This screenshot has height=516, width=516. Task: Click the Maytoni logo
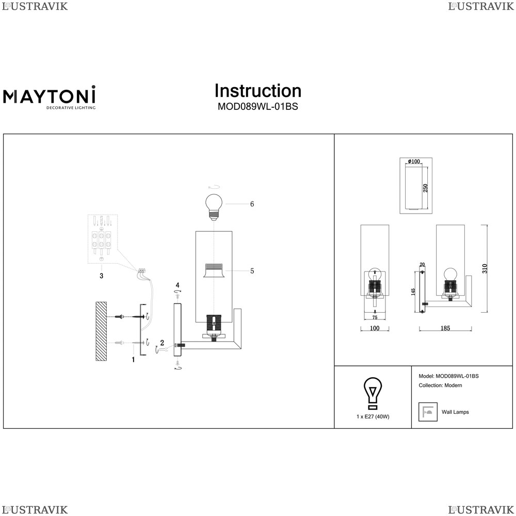(50, 98)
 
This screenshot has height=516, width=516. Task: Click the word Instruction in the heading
(257, 91)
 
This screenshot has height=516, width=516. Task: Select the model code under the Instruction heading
(257, 107)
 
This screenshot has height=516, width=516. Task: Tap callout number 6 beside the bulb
(252, 204)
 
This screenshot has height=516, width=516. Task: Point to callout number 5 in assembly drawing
(252, 271)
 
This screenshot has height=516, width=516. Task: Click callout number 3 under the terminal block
(101, 276)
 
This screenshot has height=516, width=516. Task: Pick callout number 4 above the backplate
(178, 285)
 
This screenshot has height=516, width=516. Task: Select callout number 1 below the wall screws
(133, 360)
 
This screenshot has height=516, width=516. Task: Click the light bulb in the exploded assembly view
(214, 207)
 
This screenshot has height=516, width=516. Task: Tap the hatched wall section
(101, 331)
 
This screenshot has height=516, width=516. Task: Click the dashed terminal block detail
(103, 239)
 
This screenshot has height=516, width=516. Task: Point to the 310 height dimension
(485, 268)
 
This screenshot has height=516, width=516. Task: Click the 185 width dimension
(445, 328)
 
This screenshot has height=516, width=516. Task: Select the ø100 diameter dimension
(414, 161)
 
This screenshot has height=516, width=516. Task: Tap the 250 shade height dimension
(425, 188)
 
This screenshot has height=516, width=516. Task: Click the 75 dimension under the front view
(375, 317)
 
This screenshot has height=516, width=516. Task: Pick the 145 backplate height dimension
(413, 292)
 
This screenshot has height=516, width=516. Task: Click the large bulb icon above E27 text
(373, 394)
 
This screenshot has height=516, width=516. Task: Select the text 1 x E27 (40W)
(373, 416)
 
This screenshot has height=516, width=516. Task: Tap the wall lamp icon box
(428, 412)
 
